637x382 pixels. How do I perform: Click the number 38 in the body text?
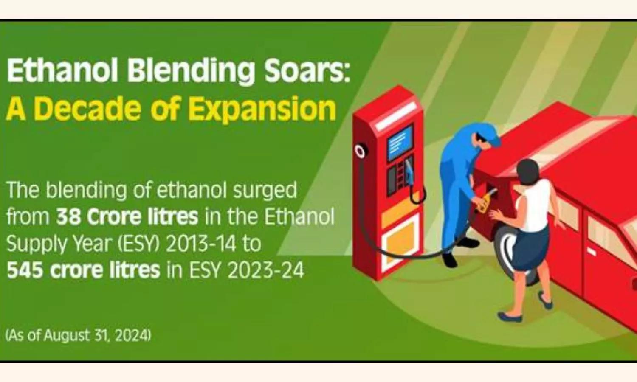[x=68, y=216]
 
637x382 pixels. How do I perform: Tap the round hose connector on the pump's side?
[x=360, y=151]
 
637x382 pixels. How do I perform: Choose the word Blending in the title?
[x=191, y=70]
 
